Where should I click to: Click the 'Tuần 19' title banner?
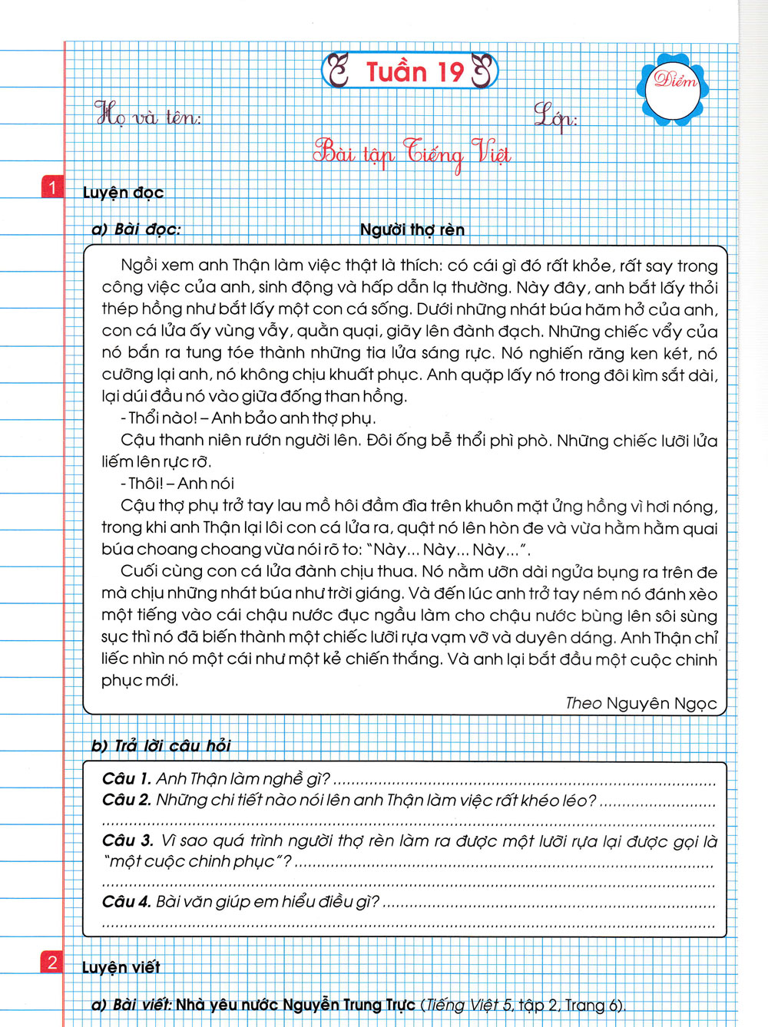pos(410,71)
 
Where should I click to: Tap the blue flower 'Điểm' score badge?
pos(673,87)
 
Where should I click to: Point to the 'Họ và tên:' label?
pos(147,116)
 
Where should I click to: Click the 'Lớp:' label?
pos(555,117)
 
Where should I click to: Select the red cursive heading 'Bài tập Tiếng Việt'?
pos(412,153)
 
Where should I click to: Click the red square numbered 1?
pos(52,187)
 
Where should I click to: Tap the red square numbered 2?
pos(52,963)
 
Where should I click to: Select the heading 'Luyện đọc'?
pos(123,192)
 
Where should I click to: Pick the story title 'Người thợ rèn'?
pos(412,230)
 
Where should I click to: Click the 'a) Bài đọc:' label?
pos(136,229)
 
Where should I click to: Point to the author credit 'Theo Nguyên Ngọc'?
pos(641,703)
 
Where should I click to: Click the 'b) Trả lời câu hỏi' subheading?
pos(161,745)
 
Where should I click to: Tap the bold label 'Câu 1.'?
pos(126,778)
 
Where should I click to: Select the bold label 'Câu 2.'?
pos(126,800)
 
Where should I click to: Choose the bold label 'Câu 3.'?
pos(127,840)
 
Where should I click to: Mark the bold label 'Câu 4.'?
pos(126,901)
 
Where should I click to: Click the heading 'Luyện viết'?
pos(121,967)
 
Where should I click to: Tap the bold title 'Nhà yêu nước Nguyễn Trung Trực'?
pos(295,1005)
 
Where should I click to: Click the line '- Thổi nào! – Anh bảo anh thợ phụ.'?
pos(248,418)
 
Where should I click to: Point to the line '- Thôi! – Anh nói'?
pos(177,484)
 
